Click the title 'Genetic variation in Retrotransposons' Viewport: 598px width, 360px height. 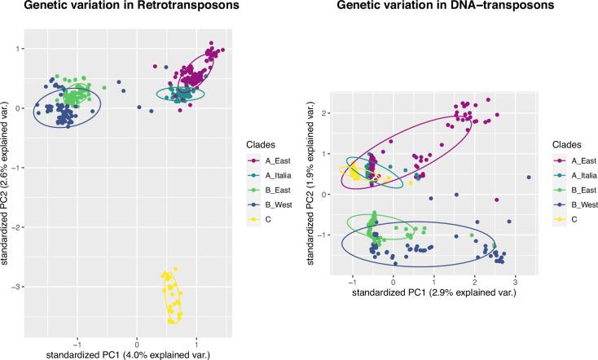pos(114,7)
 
